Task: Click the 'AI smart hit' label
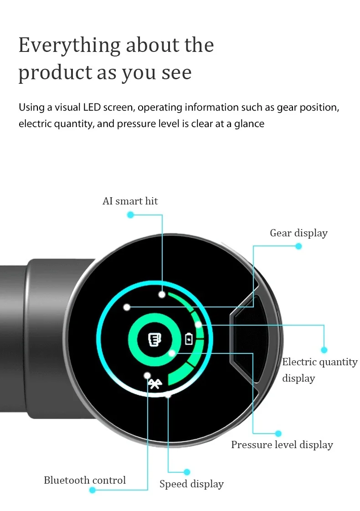point(130,201)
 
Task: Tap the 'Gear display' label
point(298,233)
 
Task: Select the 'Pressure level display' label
point(282,445)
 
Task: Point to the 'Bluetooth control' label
point(85,480)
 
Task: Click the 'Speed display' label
point(192,484)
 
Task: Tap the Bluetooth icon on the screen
point(155,384)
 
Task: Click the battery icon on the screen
point(189,339)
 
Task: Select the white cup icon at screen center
point(154,340)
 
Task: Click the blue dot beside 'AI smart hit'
point(130,215)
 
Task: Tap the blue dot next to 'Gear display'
point(298,246)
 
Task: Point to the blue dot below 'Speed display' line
point(187,472)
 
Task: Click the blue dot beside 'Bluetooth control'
point(93,490)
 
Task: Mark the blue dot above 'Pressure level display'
point(278,434)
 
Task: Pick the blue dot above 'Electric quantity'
point(324,350)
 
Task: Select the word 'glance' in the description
point(249,124)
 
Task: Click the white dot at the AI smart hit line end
point(162,295)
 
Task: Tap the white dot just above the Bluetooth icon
point(147,376)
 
